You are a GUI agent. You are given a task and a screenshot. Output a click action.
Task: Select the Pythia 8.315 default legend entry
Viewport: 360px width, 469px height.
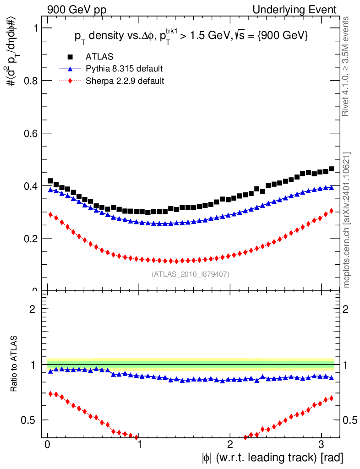pyautogui.click(x=124, y=69)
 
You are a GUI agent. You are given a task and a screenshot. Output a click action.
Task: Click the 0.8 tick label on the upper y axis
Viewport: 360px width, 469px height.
pyautogui.click(x=30, y=81)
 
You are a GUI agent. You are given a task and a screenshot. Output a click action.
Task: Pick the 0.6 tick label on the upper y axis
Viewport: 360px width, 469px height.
pyautogui.click(x=30, y=133)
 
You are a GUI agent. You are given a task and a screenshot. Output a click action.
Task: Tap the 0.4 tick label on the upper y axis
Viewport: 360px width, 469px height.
pyautogui.click(x=30, y=186)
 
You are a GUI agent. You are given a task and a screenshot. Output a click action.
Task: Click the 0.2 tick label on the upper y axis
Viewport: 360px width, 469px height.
pyautogui.click(x=30, y=239)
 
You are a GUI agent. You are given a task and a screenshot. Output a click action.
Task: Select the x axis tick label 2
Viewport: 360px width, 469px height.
pyautogui.click(x=230, y=444)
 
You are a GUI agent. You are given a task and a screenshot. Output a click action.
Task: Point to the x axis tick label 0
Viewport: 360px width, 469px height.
pyautogui.click(x=48, y=444)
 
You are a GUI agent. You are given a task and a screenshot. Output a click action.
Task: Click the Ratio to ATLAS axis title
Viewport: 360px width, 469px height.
pyautogui.click(x=15, y=364)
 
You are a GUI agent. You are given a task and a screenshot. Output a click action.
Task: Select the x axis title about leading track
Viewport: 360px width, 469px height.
pyautogui.click(x=271, y=458)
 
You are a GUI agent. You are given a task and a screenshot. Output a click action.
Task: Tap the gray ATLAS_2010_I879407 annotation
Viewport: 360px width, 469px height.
pyautogui.click(x=191, y=274)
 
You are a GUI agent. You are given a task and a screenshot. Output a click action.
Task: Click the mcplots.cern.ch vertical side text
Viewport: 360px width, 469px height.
pyautogui.click(x=347, y=220)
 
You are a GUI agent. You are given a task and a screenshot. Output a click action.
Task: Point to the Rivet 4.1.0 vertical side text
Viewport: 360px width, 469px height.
pyautogui.click(x=347, y=66)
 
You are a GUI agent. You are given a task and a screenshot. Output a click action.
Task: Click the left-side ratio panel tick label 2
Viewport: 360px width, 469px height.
pyautogui.click(x=33, y=309)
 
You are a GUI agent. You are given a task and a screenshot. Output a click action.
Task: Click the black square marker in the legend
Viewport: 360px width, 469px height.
pyautogui.click(x=70, y=57)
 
